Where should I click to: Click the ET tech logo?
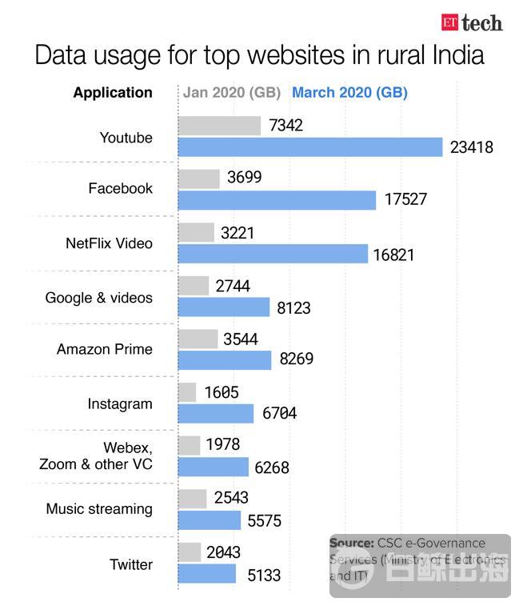coord(472,22)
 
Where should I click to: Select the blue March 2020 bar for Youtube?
coord(309,147)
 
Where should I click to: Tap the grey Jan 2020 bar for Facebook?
coord(198,179)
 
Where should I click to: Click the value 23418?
coord(471,147)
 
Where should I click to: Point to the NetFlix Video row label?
coord(109,243)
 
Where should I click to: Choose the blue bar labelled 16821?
coord(273,254)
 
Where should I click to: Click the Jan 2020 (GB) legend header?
coord(231,92)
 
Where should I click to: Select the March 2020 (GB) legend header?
coord(349,92)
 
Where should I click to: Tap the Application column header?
coord(113,92)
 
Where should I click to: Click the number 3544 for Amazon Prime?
coord(241,339)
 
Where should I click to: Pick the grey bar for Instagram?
coord(187,392)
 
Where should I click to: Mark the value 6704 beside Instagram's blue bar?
coord(280,413)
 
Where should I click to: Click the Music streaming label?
coord(99,509)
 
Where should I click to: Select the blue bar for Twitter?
coord(207,574)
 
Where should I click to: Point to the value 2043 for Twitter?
coord(223,552)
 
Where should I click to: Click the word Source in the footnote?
coord(351,543)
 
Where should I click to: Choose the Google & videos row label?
coord(98,298)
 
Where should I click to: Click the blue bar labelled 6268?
coord(213,467)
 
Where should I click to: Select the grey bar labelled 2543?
coord(192,499)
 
